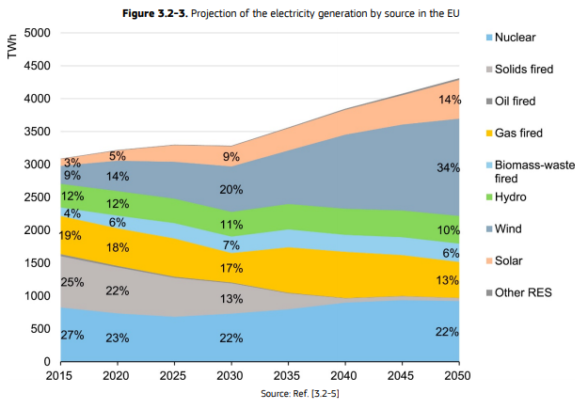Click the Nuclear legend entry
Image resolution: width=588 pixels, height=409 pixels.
517,38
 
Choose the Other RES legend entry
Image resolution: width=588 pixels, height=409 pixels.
524,292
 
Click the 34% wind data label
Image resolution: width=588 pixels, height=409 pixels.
449,167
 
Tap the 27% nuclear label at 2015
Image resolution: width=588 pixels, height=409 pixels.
72,336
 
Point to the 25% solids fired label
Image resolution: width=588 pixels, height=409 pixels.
72,282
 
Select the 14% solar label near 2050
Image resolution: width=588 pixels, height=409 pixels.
449,100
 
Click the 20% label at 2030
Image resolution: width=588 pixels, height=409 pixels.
230,189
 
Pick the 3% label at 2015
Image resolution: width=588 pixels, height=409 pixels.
72,163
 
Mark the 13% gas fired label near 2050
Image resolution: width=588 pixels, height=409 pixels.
449,280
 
